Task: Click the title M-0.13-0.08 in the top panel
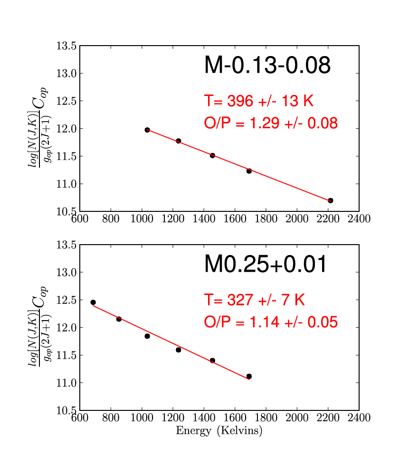coord(267,65)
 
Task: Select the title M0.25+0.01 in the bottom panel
coord(266,264)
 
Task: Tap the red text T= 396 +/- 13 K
coord(259,101)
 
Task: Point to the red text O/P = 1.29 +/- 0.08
coord(271,123)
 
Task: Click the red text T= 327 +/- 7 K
coord(255,300)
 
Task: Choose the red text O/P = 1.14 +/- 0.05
coord(271,322)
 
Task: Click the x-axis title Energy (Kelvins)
coord(219,431)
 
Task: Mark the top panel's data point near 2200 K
coord(331,200)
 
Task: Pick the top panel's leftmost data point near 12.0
coord(147,130)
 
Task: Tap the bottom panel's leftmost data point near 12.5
coord(93,303)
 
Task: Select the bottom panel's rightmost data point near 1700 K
coord(249,376)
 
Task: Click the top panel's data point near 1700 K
coord(249,171)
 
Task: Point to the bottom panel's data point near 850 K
coord(119,319)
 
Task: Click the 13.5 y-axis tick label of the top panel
coord(66,46)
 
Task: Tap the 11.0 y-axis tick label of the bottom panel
coord(66,383)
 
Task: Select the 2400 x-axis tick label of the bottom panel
coord(359,418)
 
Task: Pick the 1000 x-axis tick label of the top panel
coord(142,218)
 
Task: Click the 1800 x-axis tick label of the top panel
coord(266,218)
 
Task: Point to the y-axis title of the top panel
coord(39,127)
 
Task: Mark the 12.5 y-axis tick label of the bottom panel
coord(66,300)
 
